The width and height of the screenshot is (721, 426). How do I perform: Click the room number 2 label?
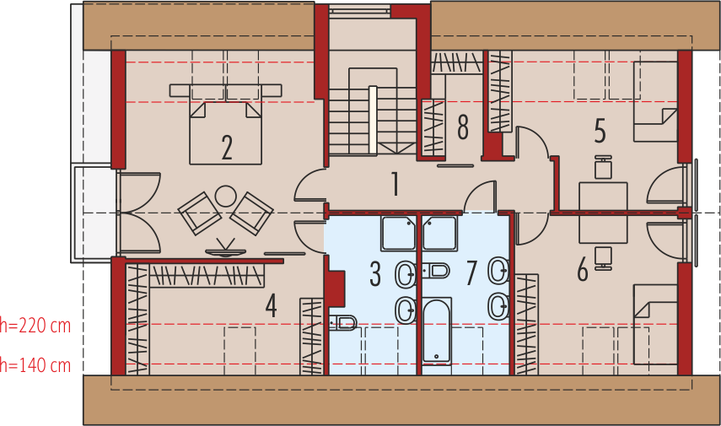click(227, 147)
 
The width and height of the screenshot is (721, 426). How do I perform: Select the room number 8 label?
click(462, 127)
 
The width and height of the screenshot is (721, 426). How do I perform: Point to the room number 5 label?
click(600, 131)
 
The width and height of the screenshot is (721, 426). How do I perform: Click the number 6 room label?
click(583, 270)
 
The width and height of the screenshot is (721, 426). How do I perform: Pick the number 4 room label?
click(271, 305)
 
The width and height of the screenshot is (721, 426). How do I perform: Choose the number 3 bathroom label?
click(375, 273)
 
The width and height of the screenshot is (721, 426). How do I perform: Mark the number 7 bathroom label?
click(471, 272)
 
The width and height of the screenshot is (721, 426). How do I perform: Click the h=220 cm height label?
click(35, 324)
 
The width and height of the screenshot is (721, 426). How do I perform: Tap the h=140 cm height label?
click(35, 365)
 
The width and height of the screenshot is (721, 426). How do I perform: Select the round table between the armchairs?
click(225, 197)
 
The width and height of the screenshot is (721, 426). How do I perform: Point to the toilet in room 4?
click(343, 321)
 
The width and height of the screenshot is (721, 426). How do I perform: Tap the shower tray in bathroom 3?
click(398, 233)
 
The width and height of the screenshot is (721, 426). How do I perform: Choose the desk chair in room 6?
click(603, 256)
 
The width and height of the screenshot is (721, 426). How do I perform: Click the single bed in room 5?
click(655, 103)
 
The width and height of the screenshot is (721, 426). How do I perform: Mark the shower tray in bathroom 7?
click(440, 233)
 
